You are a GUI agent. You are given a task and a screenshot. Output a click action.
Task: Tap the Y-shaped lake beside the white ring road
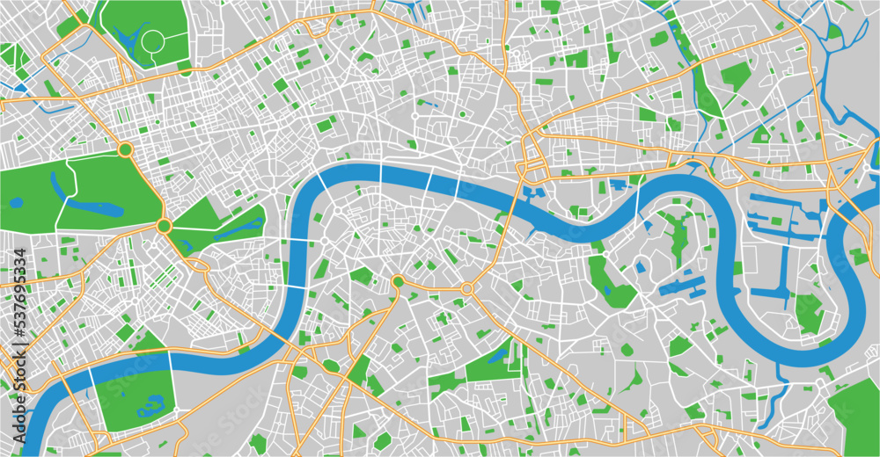(x=129, y=38)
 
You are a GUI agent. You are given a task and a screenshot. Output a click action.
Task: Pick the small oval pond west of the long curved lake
(x=16, y=203)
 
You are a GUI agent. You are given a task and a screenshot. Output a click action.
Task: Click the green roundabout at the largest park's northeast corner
(x=125, y=150)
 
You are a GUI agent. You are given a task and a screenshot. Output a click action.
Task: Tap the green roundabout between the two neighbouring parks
(x=164, y=227)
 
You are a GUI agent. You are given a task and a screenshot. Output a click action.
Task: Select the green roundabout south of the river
(x=398, y=281)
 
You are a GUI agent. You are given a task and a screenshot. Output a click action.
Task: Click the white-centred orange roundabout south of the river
(x=466, y=288)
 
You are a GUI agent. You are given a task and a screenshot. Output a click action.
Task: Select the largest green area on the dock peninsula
(x=808, y=312)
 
